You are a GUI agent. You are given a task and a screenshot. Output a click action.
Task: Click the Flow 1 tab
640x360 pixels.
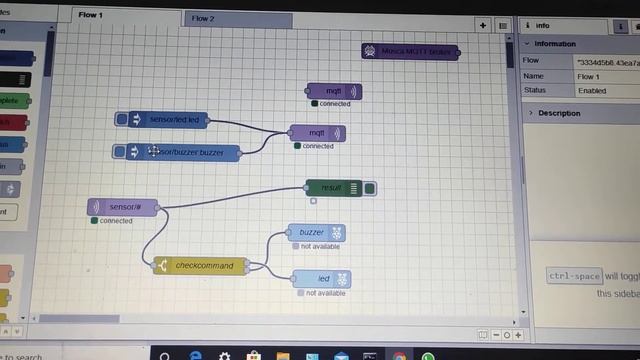[x=91, y=16]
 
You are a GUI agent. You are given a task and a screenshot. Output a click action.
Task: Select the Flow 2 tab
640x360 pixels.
[x=204, y=18]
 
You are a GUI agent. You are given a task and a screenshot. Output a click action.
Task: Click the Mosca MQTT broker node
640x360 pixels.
[x=410, y=50]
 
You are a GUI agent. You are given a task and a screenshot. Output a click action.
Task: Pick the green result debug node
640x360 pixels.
[x=332, y=187]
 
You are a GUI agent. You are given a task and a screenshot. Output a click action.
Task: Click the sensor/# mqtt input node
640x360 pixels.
[x=125, y=207]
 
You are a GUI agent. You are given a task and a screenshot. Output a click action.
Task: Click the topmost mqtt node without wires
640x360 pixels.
[x=334, y=91]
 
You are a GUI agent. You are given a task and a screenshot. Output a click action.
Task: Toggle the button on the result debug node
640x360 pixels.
[x=370, y=188]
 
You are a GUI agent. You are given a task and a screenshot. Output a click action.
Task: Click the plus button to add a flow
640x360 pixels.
[x=483, y=25]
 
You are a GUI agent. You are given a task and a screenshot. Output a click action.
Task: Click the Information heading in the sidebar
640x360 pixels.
[x=554, y=44]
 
